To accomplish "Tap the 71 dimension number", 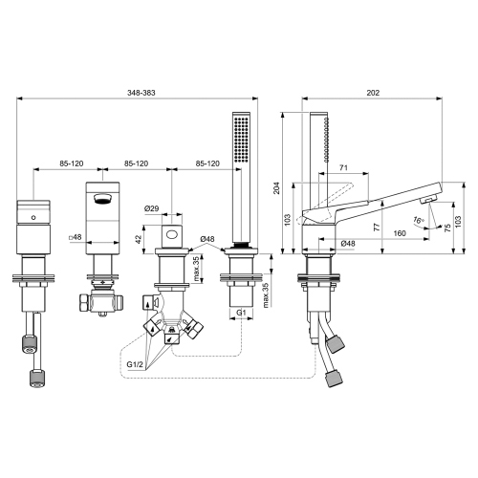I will pos(343,168).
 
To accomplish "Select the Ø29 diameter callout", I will pos(151,208).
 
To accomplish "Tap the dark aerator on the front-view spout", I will pos(102,200).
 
